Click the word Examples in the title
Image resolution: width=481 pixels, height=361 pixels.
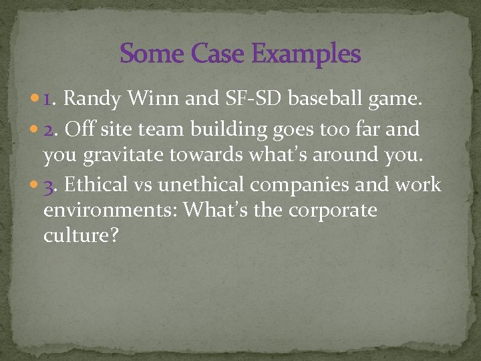308,54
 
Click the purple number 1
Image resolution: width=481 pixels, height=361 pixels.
48,100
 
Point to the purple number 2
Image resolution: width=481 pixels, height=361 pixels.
48,128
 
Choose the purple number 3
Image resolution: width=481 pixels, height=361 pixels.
48,185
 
